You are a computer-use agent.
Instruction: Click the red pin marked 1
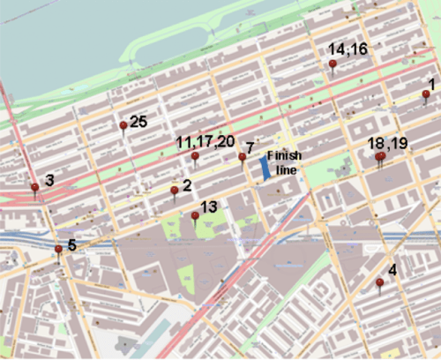pos(427,94)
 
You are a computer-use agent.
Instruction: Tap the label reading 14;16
pos(348,49)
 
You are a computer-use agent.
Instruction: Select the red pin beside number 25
pos(123,125)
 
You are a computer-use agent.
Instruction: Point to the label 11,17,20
pos(206,141)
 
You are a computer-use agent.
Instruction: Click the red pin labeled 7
pos(242,157)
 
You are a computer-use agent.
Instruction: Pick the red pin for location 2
pos(175,190)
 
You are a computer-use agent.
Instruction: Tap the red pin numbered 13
pos(195,215)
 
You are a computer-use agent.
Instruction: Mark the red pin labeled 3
pos(35,187)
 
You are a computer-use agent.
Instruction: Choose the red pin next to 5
pos(58,249)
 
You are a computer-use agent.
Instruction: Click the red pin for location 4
pos(379,282)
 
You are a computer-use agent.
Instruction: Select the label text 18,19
pos(388,142)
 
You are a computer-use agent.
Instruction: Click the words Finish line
pos(284,161)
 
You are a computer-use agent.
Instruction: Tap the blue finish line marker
pos(265,169)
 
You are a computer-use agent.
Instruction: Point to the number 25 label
pos(138,122)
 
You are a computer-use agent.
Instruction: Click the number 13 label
pos(209,206)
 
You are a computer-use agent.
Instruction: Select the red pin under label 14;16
pos(333,64)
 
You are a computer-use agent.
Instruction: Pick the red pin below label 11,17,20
pos(195,156)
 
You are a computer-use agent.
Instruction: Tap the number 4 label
pos(392,270)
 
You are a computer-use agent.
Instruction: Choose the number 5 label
pos(72,244)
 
